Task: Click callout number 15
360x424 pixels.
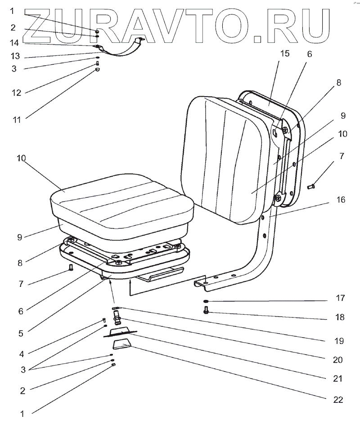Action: click(284, 54)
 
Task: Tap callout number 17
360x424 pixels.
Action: click(339, 298)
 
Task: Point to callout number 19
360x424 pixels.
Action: click(339, 341)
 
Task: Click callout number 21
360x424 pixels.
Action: click(337, 379)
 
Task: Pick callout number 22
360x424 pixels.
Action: click(337, 399)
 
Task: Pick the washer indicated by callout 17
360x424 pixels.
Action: click(206, 301)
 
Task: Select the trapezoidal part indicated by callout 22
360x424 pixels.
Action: click(122, 346)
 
